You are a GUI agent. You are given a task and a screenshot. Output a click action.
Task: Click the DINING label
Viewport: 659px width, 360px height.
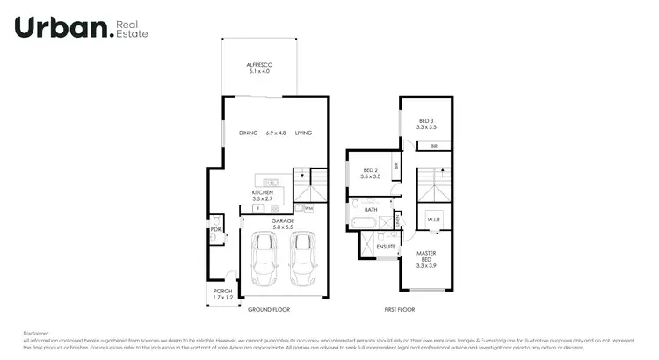click(248, 133)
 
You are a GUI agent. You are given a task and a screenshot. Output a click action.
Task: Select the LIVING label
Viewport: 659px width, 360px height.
click(303, 133)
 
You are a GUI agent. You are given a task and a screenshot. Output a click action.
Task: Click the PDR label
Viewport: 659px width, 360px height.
click(214, 230)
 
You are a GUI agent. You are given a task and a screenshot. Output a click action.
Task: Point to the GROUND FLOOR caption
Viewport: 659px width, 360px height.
click(269, 310)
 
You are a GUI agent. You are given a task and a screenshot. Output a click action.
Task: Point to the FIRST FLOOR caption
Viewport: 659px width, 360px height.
click(400, 310)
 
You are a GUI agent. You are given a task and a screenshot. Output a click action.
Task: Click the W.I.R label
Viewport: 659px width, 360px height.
click(434, 219)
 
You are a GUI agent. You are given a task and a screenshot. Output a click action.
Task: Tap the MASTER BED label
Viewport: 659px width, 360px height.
click(426, 257)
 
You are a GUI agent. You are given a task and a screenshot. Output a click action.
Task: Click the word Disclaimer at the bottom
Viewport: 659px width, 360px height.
click(36, 333)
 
